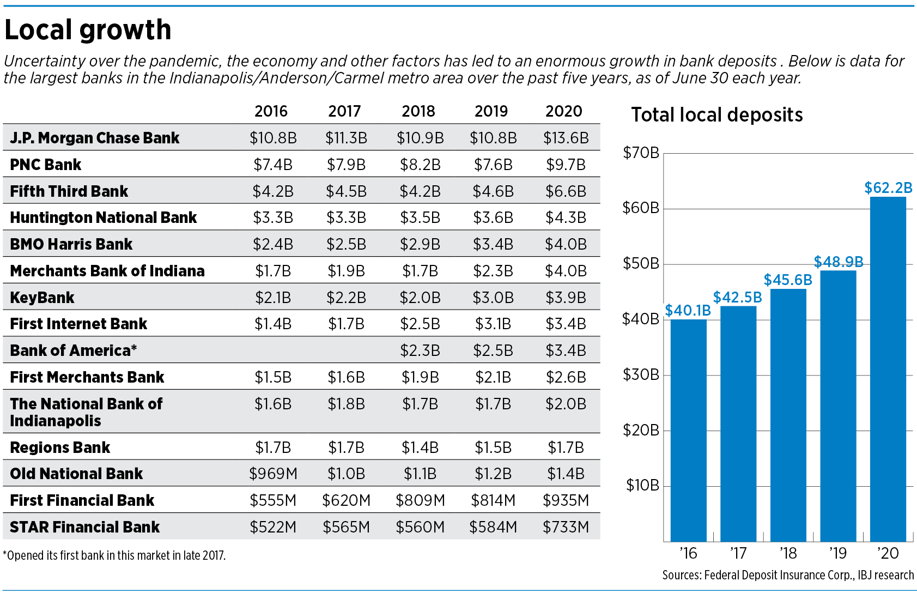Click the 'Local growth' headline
[88, 30]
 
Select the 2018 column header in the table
[418, 111]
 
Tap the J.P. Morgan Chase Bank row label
[95, 138]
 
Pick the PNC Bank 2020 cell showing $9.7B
[566, 165]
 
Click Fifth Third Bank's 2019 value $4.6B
[493, 191]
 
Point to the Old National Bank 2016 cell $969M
[273, 474]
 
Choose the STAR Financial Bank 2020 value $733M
[566, 527]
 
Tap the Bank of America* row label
[73, 350]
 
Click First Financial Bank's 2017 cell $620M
[346, 500]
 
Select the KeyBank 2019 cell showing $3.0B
[493, 298]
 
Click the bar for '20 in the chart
[888, 371]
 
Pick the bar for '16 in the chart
[688, 431]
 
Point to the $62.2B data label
[888, 188]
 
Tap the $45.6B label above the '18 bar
[788, 280]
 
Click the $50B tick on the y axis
[641, 264]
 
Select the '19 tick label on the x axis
[838, 553]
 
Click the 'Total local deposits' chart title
[717, 115]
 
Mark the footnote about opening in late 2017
[114, 555]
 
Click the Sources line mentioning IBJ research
[788, 575]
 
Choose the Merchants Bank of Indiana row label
[107, 271]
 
